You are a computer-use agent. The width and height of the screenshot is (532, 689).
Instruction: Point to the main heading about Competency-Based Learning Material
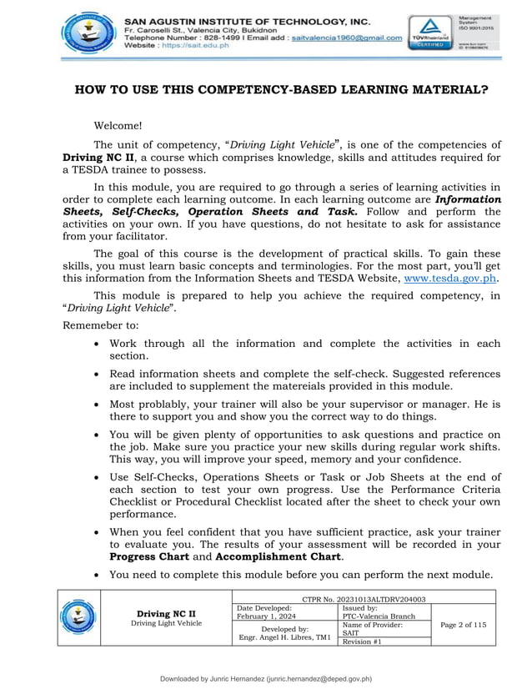coord(282,90)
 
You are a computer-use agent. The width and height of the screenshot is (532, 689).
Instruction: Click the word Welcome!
coord(118,126)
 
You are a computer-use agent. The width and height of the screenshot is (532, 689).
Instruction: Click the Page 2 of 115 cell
coord(464,624)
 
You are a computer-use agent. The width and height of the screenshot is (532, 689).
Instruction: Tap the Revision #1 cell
coord(362,641)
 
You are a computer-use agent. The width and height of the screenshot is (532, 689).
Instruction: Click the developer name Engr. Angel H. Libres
coord(284,637)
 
